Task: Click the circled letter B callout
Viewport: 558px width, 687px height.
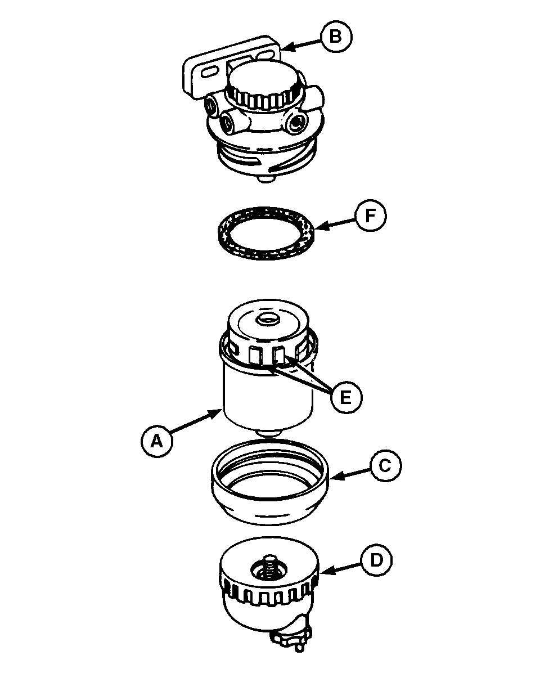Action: coord(336,37)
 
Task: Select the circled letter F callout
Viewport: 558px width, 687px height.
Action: coord(370,215)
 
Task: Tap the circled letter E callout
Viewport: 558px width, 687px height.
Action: coord(346,397)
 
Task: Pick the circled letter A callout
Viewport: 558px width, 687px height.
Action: coord(157,441)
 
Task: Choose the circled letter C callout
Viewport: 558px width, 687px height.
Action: coord(386,466)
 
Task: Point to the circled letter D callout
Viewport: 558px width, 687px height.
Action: coord(376,560)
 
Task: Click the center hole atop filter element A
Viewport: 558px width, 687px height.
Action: coord(267,320)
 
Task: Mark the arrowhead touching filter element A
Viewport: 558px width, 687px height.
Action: coord(216,413)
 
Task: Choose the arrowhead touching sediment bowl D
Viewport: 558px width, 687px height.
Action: coord(325,572)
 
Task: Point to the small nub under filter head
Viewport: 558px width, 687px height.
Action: coord(265,179)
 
